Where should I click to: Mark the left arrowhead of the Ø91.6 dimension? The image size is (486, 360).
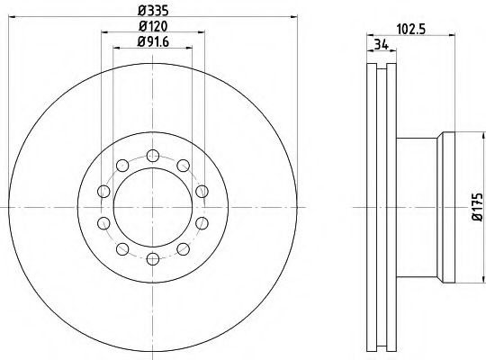[113, 49]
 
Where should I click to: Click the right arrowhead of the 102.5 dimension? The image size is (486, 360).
[454, 34]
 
